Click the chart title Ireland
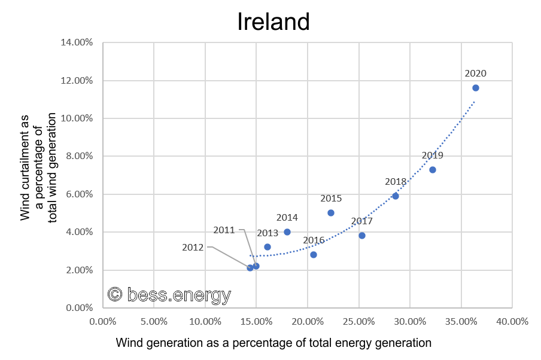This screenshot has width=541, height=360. [273, 22]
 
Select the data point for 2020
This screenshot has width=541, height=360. [476, 88]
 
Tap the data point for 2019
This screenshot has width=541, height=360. [433, 170]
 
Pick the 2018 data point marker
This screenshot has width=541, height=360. [396, 196]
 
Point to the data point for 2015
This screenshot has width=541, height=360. [331, 213]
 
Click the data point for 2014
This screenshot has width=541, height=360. [287, 232]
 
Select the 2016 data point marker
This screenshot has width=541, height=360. [314, 255]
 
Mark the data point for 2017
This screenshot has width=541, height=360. [362, 236]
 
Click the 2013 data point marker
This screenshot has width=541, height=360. [268, 247]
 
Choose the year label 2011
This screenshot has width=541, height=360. [225, 230]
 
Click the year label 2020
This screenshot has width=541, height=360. [476, 74]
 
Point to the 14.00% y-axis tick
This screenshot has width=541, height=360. [76, 42]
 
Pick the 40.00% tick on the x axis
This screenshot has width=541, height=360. [512, 321]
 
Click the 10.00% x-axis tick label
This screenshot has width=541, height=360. [205, 321]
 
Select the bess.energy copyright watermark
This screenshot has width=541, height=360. [169, 294]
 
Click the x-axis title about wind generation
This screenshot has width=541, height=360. [273, 343]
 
